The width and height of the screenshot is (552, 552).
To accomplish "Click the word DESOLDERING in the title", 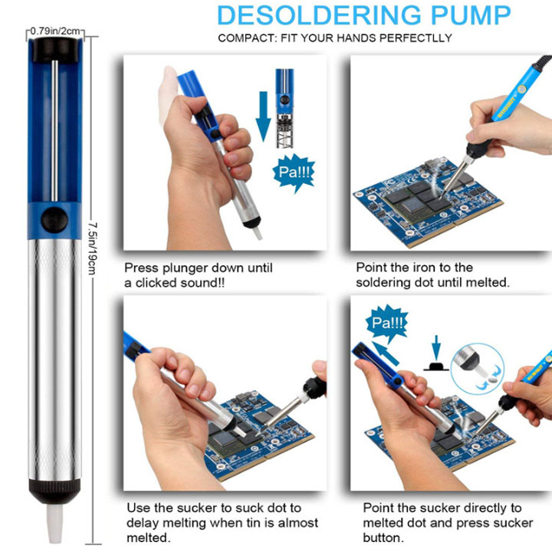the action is pos(319,15).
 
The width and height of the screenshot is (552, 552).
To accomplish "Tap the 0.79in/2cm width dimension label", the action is pos(56,31).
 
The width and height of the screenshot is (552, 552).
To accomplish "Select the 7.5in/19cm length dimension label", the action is pos(92,248).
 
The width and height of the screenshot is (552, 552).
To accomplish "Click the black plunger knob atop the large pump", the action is pos(55,50).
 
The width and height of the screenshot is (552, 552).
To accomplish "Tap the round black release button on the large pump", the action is pos(54,220).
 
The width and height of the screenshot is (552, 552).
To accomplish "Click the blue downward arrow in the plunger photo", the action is pos(263,117).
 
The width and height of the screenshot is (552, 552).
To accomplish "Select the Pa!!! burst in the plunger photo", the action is pos(294,172).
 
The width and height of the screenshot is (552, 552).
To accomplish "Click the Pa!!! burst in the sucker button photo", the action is pos(387,323).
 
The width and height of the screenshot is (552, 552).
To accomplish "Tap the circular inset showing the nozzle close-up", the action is pos(478,368).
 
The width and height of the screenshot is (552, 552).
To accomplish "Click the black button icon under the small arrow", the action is pos(436,366).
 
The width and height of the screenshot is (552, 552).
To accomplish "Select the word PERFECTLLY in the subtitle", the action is pos(416,38).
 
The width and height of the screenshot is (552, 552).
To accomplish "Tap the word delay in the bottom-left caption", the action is pos(143,523).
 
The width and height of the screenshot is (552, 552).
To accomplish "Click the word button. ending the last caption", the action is pos(384,538).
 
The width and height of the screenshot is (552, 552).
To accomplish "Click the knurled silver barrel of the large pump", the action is pos(54,359).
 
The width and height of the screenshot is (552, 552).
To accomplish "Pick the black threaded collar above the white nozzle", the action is pos(54,491).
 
